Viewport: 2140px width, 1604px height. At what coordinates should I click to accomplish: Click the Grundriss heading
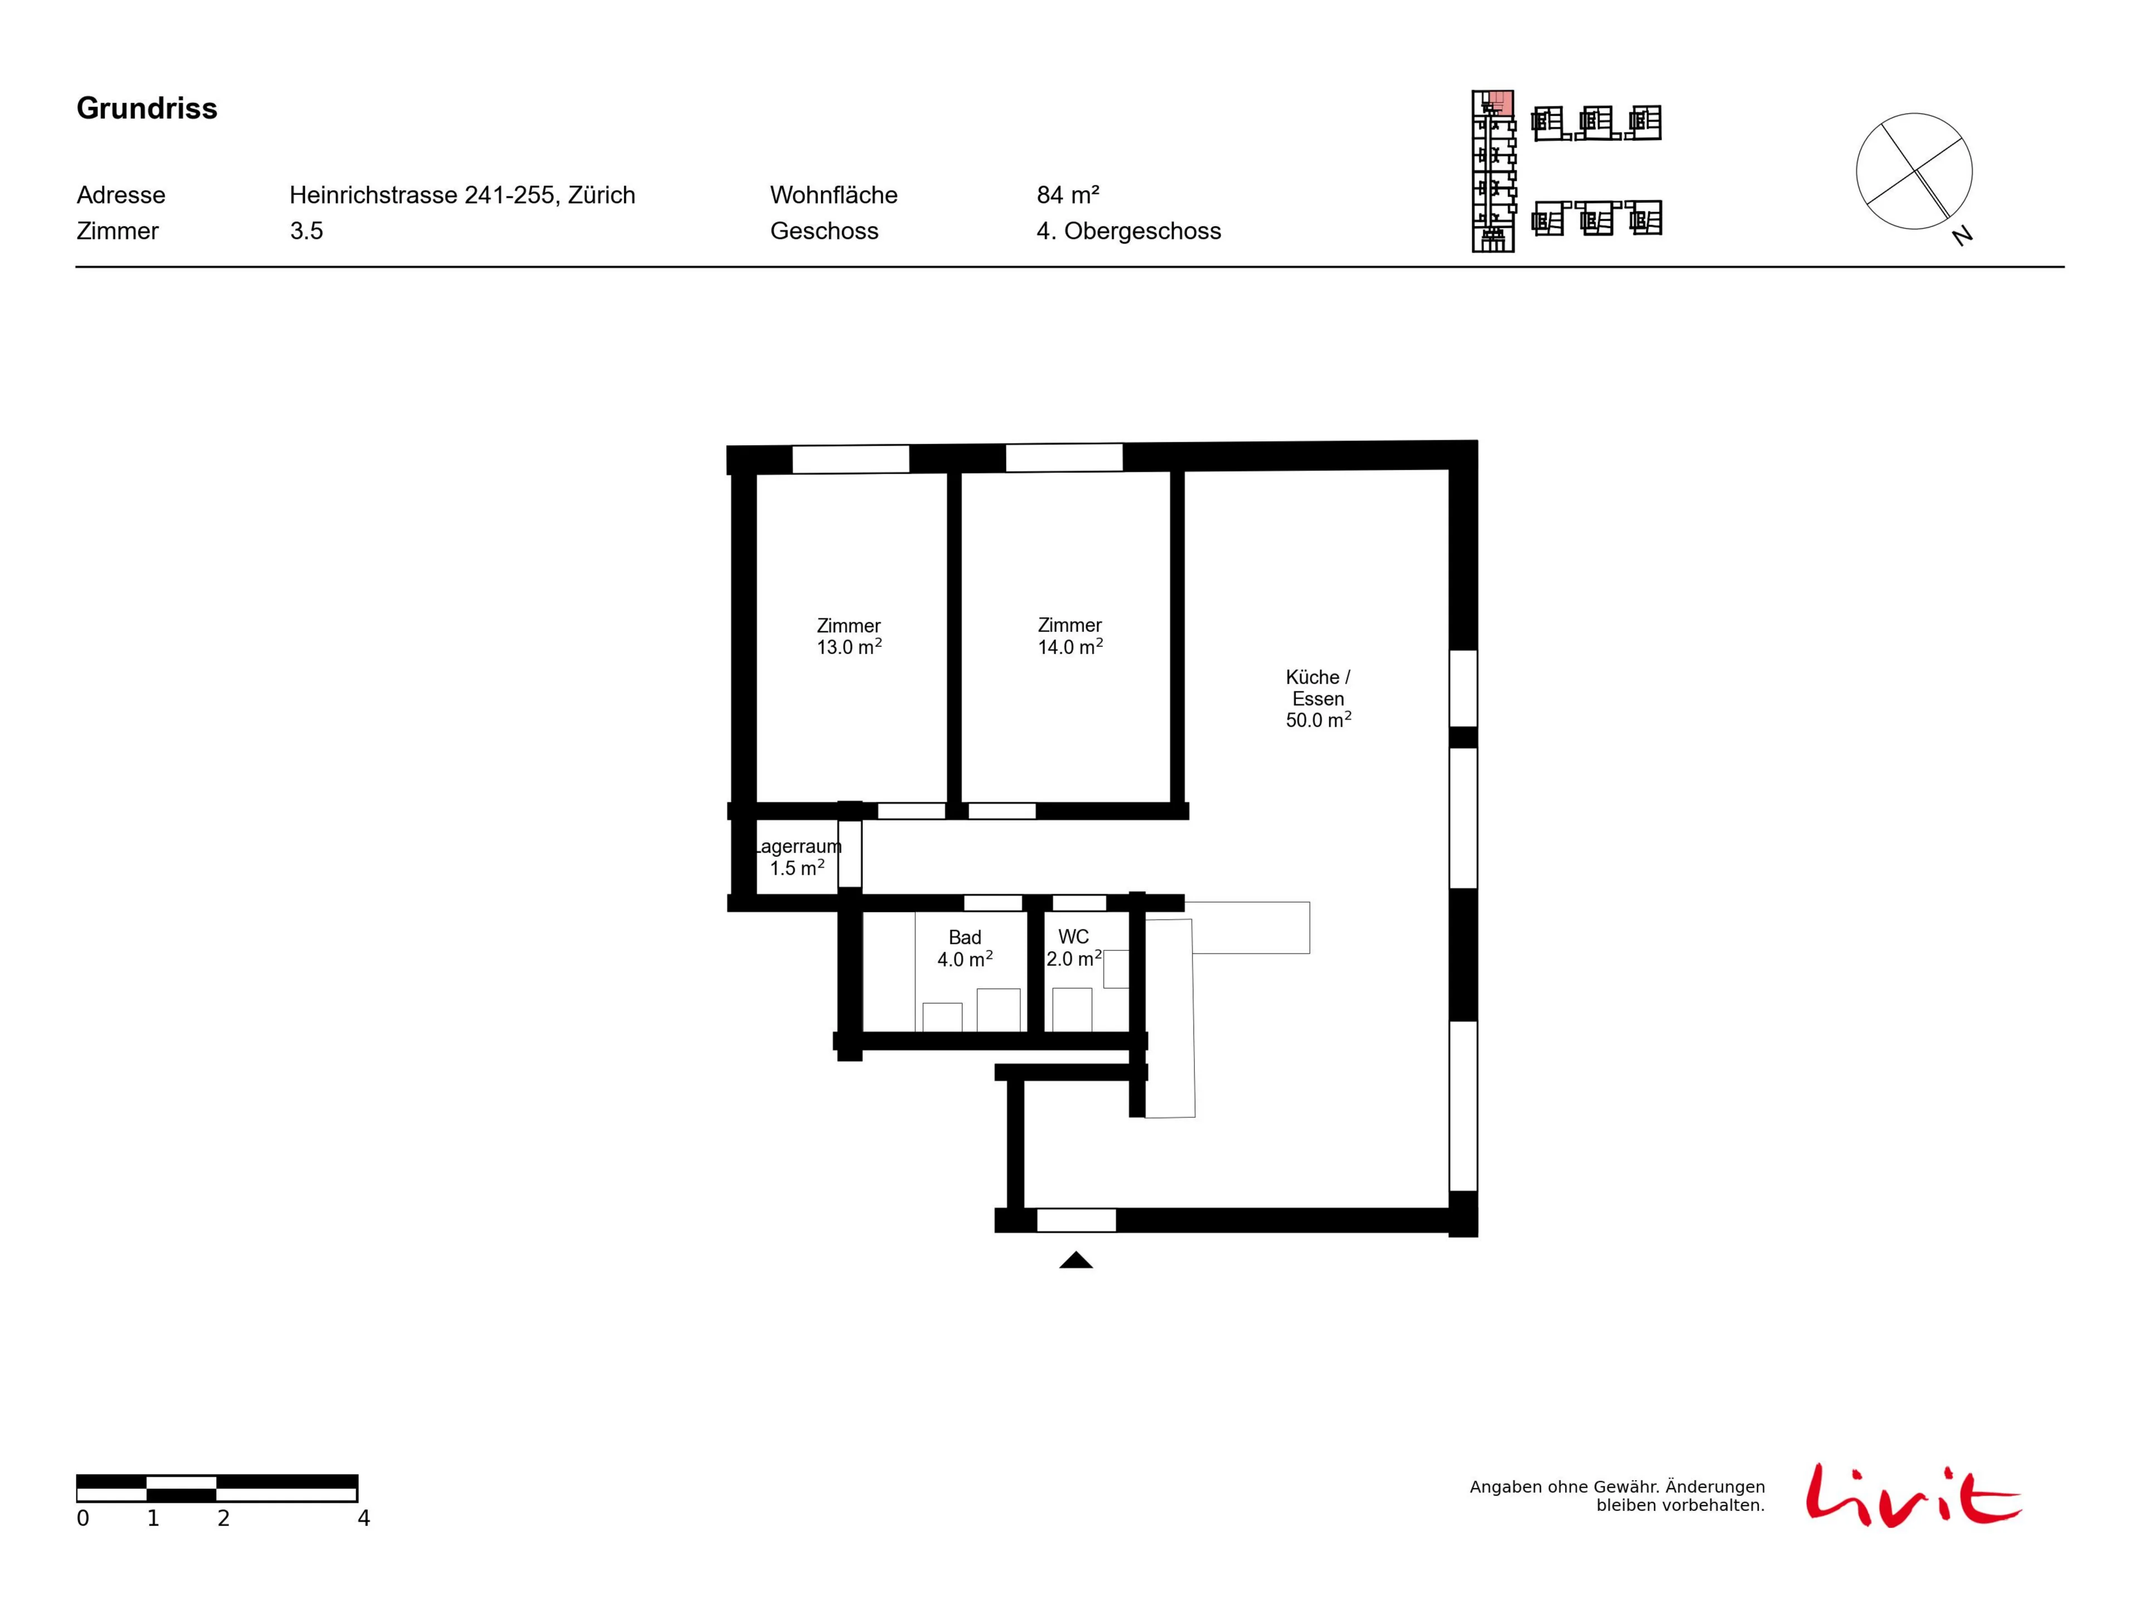point(147,108)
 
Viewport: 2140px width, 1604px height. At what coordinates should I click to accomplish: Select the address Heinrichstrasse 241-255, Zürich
point(463,196)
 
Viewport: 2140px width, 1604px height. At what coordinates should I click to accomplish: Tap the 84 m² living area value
point(1068,196)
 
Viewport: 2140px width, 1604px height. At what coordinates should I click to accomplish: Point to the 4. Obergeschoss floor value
point(1129,231)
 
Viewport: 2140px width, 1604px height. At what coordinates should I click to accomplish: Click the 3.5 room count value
point(307,231)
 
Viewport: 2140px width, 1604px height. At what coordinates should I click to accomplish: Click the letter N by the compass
point(1962,235)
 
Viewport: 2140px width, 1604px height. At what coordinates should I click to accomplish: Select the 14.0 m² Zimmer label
point(1070,637)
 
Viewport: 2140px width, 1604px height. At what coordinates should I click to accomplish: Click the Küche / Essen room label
point(1317,699)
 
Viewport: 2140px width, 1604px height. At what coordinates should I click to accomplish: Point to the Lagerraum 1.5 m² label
point(797,857)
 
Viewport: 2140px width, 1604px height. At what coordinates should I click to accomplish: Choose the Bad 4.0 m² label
point(965,948)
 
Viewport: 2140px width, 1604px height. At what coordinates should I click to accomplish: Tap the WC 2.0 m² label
point(1074,948)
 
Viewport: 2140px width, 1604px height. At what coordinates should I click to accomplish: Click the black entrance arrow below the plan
point(1076,1260)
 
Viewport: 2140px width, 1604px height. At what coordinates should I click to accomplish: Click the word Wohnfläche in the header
point(834,196)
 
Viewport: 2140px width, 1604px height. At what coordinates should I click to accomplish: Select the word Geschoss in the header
point(824,231)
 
